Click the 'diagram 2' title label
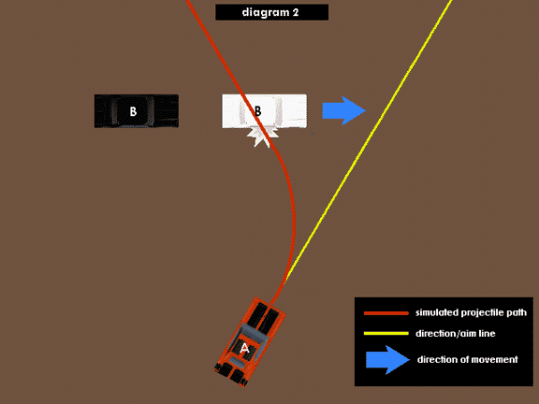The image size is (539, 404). (x=271, y=12)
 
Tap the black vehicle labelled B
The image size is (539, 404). (x=137, y=111)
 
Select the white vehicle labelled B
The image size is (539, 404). (x=264, y=111)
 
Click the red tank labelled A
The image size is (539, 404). (x=250, y=342)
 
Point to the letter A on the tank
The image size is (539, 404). (x=244, y=348)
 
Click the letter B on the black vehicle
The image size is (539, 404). (x=133, y=111)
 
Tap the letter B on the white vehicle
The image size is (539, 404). (x=257, y=111)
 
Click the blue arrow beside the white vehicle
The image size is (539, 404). (x=344, y=110)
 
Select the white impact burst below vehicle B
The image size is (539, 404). (x=263, y=137)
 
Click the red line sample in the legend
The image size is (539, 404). (x=386, y=313)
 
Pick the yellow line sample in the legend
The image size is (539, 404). (x=386, y=333)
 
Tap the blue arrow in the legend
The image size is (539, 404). (x=387, y=360)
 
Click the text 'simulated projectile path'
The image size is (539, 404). (x=471, y=312)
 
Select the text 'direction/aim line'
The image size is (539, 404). (x=456, y=333)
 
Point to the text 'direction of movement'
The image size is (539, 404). (x=468, y=359)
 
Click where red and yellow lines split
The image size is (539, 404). (x=285, y=281)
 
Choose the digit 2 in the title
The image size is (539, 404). (x=296, y=13)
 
